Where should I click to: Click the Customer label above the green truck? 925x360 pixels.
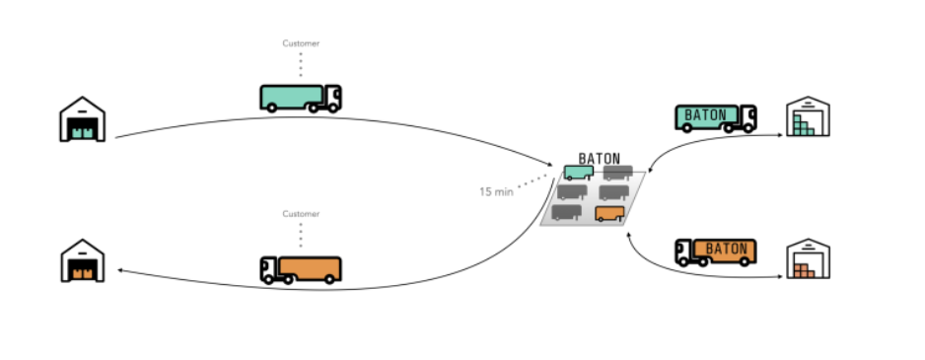(301, 43)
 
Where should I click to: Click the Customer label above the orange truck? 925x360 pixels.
(301, 214)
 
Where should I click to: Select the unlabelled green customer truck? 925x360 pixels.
(301, 98)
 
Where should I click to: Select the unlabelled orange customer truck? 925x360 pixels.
(301, 269)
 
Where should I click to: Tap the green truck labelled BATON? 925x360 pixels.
(716, 118)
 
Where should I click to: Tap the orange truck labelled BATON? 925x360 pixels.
(716, 252)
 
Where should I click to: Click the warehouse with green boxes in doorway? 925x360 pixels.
(83, 119)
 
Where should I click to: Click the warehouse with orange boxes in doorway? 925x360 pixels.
(83, 260)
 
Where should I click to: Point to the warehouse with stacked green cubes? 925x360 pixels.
(809, 116)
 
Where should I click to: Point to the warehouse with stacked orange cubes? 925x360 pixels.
(809, 258)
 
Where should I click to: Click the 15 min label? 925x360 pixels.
(496, 191)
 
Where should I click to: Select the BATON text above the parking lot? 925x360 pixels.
(600, 159)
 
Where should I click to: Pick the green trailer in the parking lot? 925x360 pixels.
(579, 173)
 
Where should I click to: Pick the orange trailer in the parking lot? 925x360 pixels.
(610, 214)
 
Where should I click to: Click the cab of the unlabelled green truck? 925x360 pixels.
(332, 98)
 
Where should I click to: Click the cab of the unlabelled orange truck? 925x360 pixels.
(269, 269)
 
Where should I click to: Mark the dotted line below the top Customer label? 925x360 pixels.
(301, 65)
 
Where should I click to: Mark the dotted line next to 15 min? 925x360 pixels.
(533, 180)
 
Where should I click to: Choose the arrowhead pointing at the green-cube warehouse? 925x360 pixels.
(780, 135)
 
